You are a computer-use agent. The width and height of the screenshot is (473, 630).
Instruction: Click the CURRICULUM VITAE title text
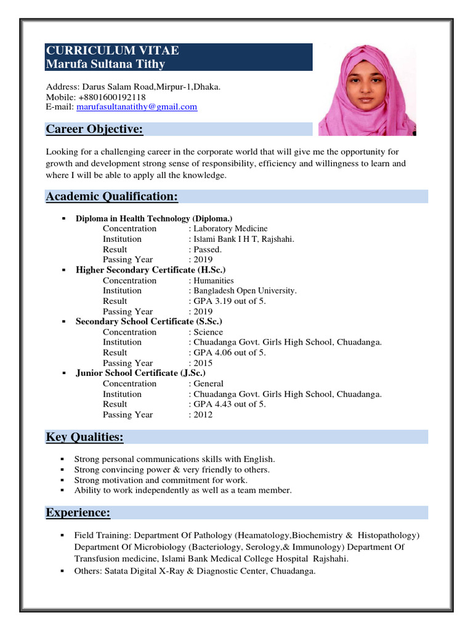point(113,51)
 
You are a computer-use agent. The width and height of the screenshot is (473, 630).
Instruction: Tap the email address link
point(137,107)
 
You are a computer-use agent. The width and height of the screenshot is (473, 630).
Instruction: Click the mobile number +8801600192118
point(112,97)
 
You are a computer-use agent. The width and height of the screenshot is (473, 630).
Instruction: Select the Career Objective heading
point(95,129)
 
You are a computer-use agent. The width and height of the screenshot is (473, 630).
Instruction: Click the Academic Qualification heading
point(112,196)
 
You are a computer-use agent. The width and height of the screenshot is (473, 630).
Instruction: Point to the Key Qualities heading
point(85,437)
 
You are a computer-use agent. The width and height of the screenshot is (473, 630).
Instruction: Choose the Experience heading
point(78,512)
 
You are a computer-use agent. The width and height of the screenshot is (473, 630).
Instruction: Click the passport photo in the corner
point(367,89)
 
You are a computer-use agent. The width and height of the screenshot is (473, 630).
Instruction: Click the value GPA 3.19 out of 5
point(231,301)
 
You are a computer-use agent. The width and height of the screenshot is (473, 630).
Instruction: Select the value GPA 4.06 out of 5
point(231,353)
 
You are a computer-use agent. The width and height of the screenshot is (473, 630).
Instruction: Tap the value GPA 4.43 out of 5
point(231,404)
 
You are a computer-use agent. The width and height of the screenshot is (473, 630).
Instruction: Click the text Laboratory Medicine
point(230,228)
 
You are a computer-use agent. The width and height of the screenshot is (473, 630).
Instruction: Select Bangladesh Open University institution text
point(245,290)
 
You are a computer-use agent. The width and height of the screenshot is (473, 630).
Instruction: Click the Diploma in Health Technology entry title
point(154,218)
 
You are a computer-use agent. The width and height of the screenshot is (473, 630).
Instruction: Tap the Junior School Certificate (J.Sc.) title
point(140,373)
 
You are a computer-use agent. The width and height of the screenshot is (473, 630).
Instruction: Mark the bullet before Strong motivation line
point(63,480)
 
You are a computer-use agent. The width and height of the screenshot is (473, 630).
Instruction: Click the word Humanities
point(214,281)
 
